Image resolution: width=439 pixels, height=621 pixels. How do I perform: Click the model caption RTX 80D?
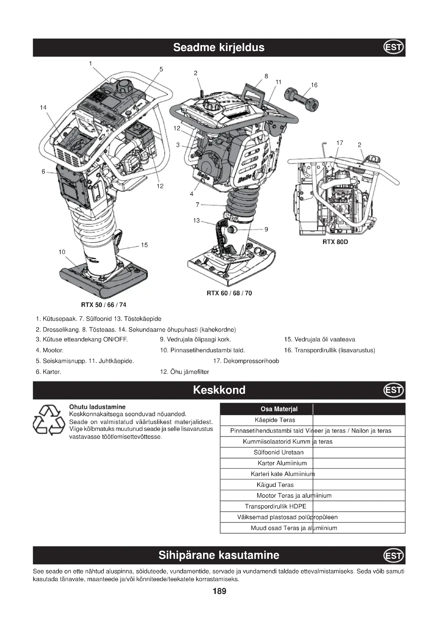(x=335, y=242)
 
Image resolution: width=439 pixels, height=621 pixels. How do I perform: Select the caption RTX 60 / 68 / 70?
(x=229, y=293)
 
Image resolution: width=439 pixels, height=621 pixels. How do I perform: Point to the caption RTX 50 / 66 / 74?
(x=104, y=305)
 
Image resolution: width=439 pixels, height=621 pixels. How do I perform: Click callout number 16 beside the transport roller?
(x=314, y=85)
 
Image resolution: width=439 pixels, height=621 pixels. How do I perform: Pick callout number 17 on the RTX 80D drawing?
(x=339, y=143)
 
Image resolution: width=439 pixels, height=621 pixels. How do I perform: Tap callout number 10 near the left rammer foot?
(x=62, y=252)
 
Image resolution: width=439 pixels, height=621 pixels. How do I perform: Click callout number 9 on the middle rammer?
(x=266, y=229)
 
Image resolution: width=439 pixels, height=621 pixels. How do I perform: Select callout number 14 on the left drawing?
(x=43, y=108)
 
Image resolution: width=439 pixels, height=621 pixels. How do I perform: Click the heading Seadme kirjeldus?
(x=219, y=47)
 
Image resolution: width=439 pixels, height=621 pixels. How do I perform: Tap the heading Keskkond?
(x=219, y=390)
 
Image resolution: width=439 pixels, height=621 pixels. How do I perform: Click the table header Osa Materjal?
(x=279, y=409)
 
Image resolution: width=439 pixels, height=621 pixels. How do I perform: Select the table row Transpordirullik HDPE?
(x=276, y=506)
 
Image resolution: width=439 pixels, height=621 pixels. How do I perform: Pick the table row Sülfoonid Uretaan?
(x=278, y=452)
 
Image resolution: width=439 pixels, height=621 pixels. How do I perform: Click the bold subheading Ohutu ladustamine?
(x=97, y=407)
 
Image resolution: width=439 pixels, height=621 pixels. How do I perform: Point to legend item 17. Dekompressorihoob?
(x=246, y=361)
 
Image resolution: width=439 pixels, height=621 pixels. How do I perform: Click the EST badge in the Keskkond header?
(x=394, y=390)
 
